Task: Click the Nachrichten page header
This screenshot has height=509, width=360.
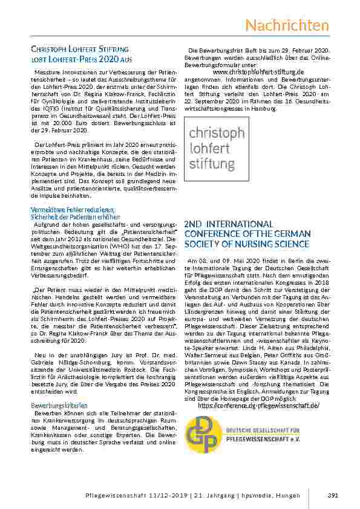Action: [287, 26]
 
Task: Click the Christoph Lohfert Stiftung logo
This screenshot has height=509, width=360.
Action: [216, 148]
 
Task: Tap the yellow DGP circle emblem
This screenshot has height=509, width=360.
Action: [204, 434]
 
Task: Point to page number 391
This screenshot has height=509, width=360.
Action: [332, 496]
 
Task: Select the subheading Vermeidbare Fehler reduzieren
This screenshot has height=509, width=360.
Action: [72, 210]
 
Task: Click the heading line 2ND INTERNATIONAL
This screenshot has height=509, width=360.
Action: [229, 224]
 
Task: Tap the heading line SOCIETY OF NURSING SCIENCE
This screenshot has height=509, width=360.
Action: [247, 244]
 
